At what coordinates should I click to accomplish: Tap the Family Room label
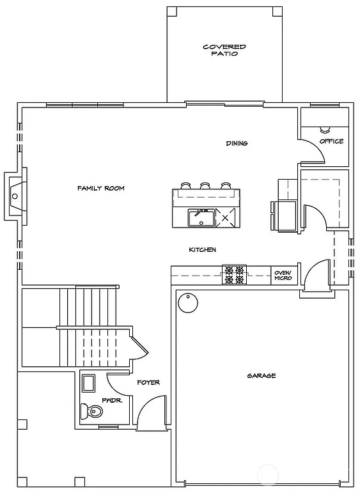[x=100, y=189]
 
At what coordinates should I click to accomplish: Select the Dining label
[x=237, y=143]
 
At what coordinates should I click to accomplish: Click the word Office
[x=331, y=141]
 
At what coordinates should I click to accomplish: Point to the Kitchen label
[x=202, y=249]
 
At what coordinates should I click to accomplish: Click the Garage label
[x=261, y=376]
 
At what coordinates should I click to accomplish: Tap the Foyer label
[x=148, y=382]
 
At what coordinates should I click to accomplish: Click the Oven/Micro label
[x=283, y=276]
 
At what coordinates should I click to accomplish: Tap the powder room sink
[x=89, y=384]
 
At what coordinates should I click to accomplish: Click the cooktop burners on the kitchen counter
[x=233, y=275]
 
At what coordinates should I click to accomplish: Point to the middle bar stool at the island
[x=205, y=186]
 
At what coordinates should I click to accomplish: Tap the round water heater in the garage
[x=187, y=302]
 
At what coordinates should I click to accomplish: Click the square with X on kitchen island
[x=226, y=218]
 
